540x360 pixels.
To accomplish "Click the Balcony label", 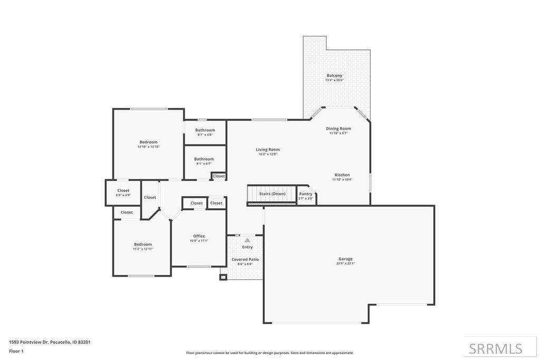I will coord(334,76).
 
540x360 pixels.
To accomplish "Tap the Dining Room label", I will coord(338,129).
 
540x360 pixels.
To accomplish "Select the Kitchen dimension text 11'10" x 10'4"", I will coord(342,180).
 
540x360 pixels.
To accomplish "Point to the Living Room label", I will coord(267,150).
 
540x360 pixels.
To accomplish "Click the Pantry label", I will coord(306,194).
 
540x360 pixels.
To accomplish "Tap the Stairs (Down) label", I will coord(272,194).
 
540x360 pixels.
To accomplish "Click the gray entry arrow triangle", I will coord(247,240).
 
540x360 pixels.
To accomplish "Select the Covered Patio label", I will coord(245,259).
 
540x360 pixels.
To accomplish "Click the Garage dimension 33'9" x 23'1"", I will coord(345,264).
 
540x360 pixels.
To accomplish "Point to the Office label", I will coord(199,236).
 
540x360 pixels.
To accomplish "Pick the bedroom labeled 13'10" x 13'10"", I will coord(148,142).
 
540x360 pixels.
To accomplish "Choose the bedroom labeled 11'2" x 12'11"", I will coord(143,245).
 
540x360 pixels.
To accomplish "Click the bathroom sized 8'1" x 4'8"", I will coord(205,130).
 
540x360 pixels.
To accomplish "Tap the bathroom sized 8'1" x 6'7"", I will coord(204,159).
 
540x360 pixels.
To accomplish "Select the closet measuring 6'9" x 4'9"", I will coord(123,191).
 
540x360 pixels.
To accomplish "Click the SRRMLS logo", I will coord(495,348).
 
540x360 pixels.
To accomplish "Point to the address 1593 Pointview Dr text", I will coord(50,342).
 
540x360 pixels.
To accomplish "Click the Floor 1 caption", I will coord(16,351).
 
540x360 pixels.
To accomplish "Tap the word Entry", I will coord(247,247).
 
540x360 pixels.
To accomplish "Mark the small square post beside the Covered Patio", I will coord(223,277).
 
